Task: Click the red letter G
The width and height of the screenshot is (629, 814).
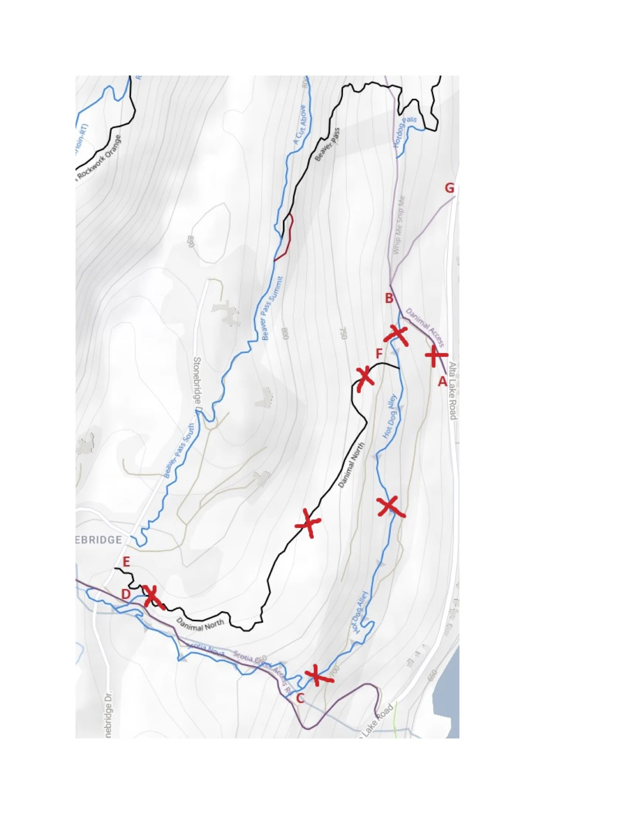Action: click(450, 188)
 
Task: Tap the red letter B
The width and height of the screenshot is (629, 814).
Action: click(389, 298)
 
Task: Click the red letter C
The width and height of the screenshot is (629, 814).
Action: click(300, 699)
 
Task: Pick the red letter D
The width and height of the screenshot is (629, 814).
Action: click(126, 595)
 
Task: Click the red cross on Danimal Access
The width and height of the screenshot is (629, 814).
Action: click(435, 355)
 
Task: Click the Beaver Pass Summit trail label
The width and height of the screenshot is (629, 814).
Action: click(272, 309)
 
